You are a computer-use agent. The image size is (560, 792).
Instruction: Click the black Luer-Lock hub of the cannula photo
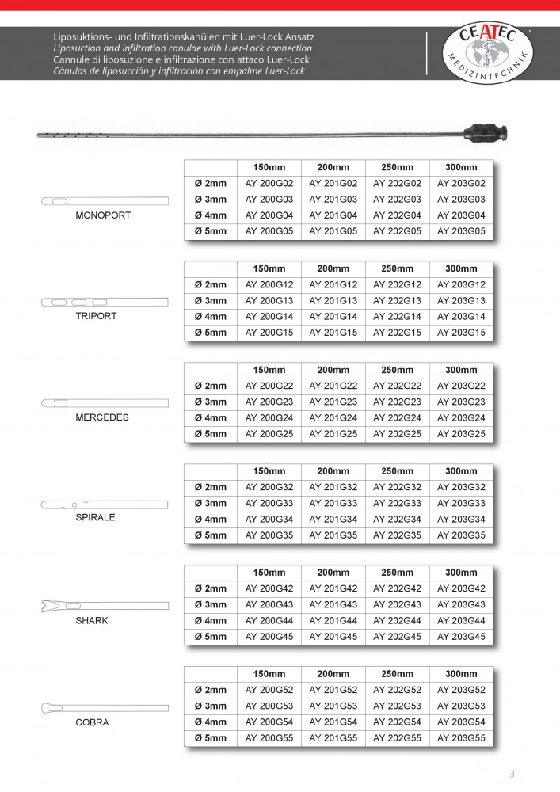481,131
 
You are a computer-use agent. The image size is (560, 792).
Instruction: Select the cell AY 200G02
269,183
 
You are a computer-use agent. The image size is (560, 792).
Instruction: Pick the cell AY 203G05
461,231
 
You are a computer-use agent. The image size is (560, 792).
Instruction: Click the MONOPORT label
103,215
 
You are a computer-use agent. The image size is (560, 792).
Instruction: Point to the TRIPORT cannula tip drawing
104,302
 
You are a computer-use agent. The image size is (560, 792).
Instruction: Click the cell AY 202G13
397,301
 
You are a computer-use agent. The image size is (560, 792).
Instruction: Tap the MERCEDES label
102,417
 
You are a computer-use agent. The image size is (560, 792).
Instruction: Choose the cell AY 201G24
333,418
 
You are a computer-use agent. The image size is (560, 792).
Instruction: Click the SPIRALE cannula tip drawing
104,505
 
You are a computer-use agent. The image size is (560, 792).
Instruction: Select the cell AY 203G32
461,487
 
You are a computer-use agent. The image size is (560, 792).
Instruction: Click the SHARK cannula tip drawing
104,607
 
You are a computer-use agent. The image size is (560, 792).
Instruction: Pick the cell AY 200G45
269,637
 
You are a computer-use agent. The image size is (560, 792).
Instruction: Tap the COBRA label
93,722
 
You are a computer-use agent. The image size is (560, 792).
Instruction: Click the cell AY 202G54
397,722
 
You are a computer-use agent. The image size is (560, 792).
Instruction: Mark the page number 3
512,774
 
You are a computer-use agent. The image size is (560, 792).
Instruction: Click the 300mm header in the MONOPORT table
461,167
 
